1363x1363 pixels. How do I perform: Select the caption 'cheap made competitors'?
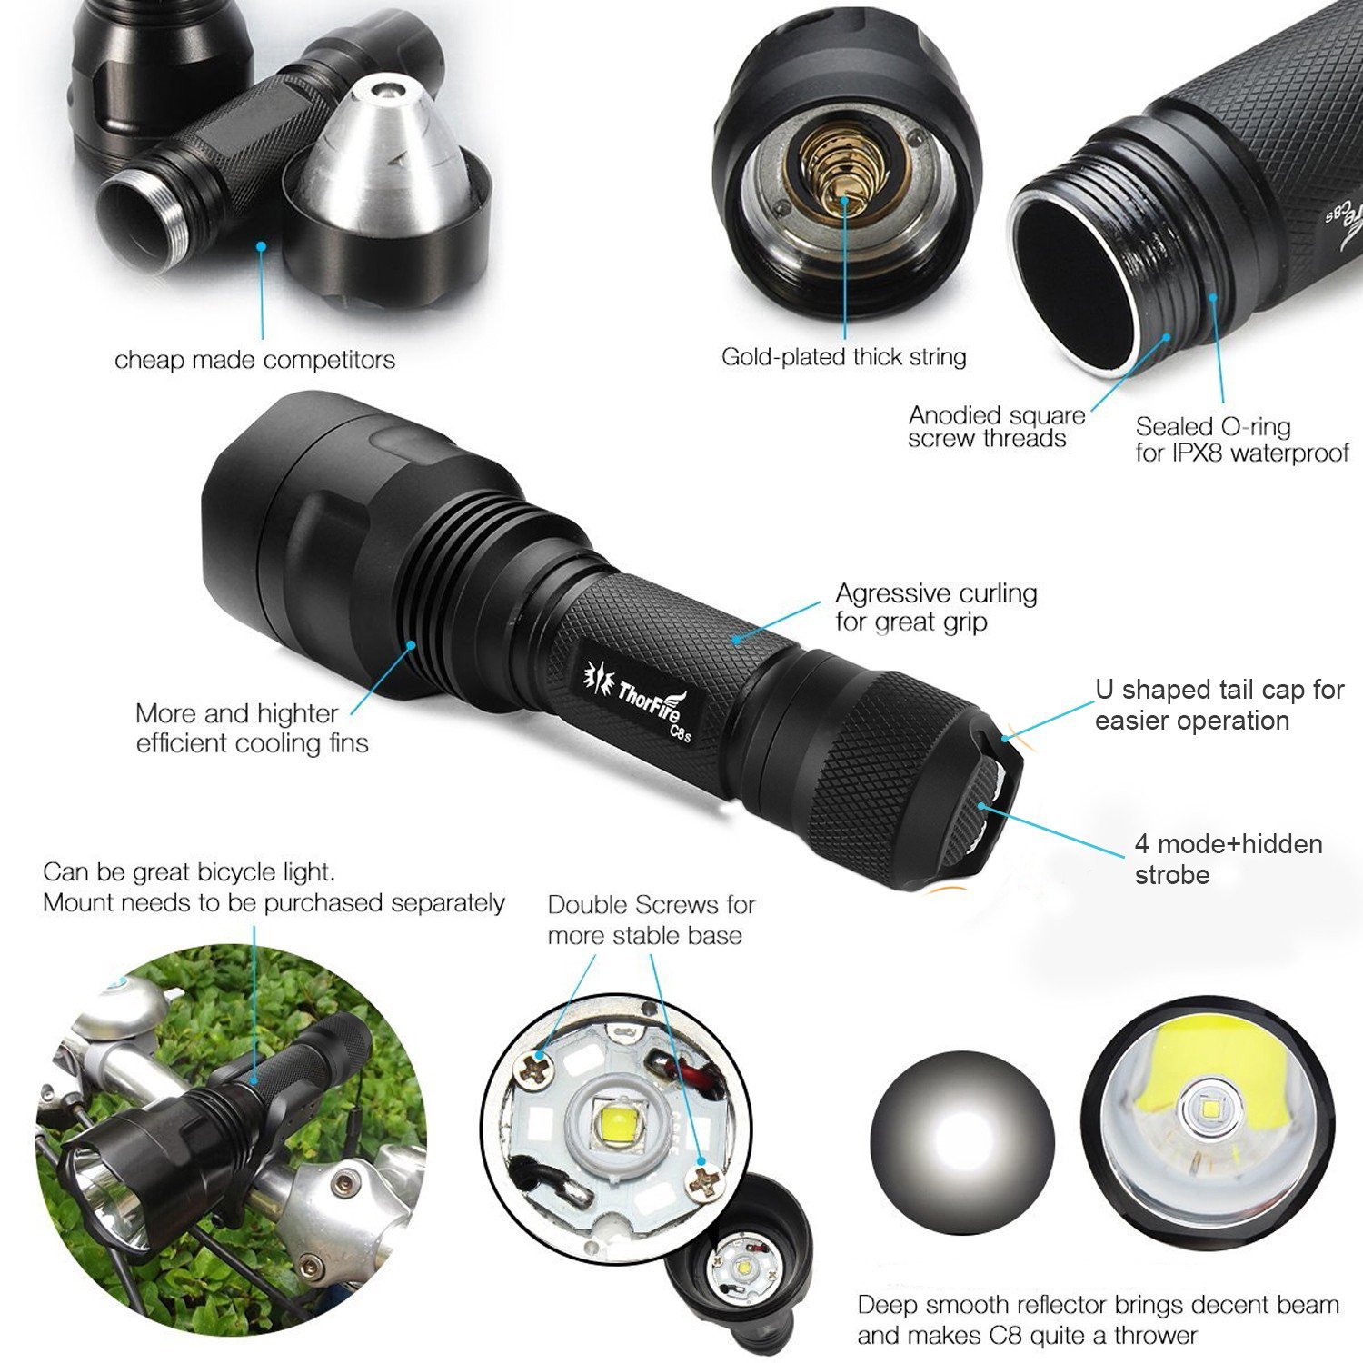[254, 361]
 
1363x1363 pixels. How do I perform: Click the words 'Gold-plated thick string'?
[843, 357]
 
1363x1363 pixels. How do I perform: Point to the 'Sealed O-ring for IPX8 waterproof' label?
[1241, 439]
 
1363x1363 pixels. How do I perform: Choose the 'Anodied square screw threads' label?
[997, 427]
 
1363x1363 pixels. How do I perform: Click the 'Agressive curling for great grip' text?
[936, 607]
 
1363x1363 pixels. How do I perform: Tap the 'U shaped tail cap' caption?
[1219, 704]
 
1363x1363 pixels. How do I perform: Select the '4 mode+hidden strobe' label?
[1228, 860]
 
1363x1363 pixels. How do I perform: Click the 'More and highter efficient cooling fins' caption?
[252, 728]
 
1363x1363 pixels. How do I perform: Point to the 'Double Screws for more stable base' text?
[651, 920]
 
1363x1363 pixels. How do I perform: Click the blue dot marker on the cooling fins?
[412, 644]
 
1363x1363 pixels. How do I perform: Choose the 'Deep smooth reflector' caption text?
[1098, 1320]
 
